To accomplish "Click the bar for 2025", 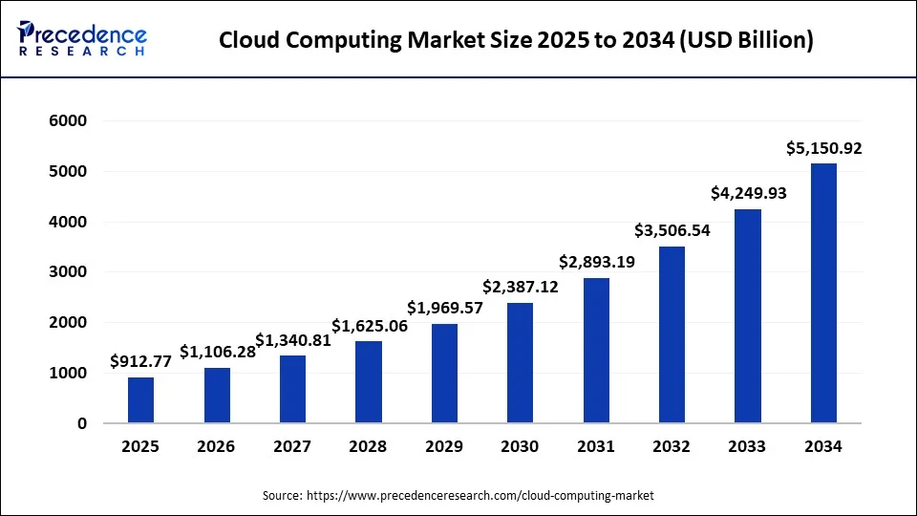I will [x=140, y=400].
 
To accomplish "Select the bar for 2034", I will [x=823, y=293].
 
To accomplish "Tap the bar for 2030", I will [x=520, y=363].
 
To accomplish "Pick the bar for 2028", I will [x=368, y=382].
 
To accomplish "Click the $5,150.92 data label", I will [x=823, y=148].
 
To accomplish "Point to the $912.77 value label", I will [x=140, y=361].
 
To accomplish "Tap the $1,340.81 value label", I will [x=292, y=340].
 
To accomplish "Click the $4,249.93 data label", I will [x=748, y=193].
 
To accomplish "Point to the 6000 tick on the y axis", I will [x=67, y=121].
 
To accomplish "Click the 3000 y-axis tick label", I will [x=67, y=272].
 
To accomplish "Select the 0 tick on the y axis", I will [x=81, y=423].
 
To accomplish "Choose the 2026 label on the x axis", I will [x=217, y=446].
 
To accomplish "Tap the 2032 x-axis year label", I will [x=672, y=446].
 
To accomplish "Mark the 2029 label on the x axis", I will [x=444, y=446].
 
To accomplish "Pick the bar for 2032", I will [x=672, y=334].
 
